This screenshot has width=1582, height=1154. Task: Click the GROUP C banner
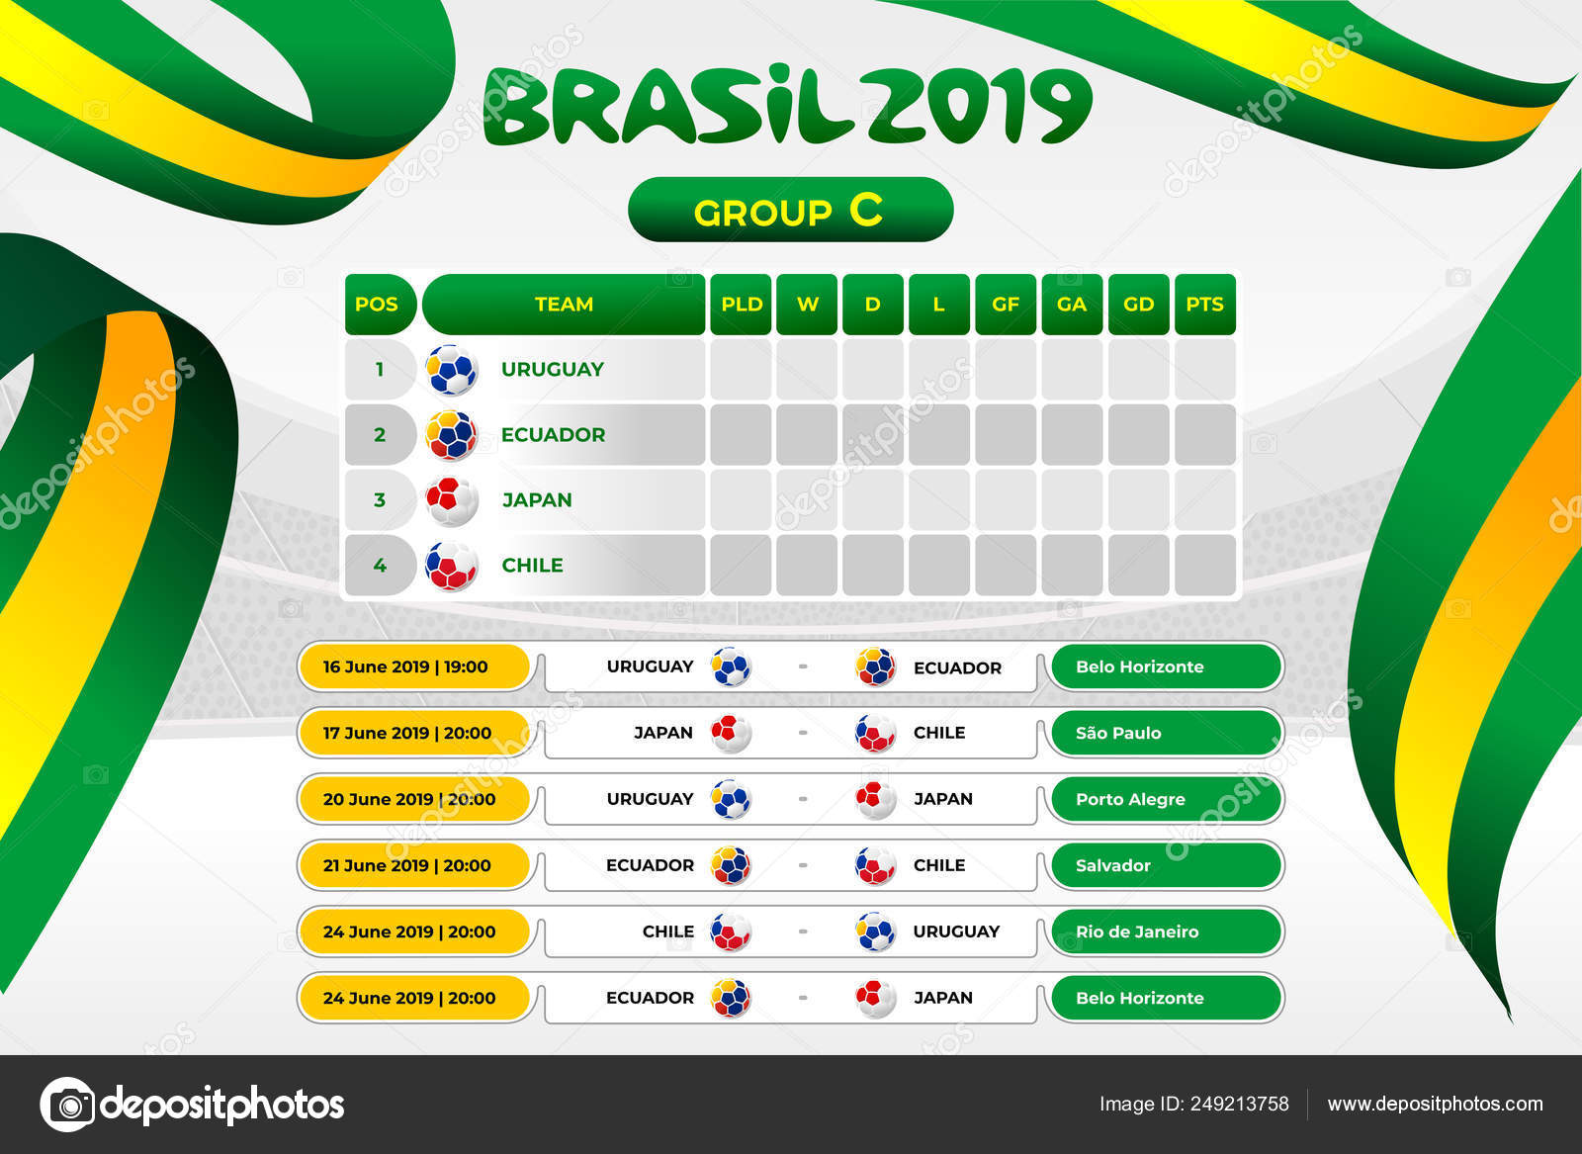(x=790, y=210)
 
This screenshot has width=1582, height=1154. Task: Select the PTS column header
(x=1205, y=305)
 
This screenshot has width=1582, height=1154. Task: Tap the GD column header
(x=1138, y=305)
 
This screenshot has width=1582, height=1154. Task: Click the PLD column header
(x=741, y=305)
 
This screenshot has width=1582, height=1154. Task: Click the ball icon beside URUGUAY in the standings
(x=451, y=370)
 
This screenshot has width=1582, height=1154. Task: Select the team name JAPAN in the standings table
(x=537, y=500)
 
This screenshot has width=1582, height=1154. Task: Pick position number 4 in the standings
(x=380, y=565)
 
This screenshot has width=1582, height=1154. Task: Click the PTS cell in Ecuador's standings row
(x=1205, y=434)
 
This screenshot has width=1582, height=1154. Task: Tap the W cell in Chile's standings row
(x=807, y=565)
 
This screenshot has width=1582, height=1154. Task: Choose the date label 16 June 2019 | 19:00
(x=405, y=666)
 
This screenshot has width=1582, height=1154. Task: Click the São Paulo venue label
(x=1118, y=733)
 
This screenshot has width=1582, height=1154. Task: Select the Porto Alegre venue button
(x=1167, y=799)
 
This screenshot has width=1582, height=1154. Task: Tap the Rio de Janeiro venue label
(x=1137, y=932)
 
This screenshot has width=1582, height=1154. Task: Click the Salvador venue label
(x=1113, y=865)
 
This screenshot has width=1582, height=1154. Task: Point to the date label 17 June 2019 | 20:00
(x=406, y=733)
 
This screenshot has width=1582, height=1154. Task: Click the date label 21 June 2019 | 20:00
(x=406, y=865)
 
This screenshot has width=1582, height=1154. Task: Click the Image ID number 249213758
(x=1240, y=1104)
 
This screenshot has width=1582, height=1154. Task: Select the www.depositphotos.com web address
(x=1435, y=1104)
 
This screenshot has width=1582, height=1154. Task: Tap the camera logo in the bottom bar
(x=68, y=1105)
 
